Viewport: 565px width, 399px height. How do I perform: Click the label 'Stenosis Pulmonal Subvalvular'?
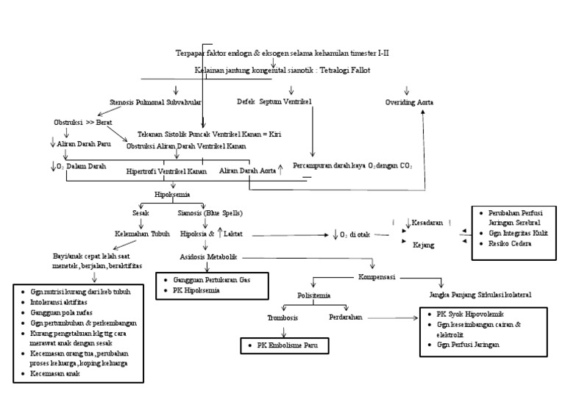[x=155, y=102]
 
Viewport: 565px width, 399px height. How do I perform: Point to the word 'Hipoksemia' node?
[x=172, y=195]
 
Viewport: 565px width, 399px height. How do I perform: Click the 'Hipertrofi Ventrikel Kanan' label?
[x=166, y=171]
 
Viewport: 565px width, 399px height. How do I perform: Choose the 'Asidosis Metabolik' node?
[x=209, y=258]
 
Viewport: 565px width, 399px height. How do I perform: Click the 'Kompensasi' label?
[x=377, y=278]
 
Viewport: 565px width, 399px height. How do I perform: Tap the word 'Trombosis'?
[x=283, y=317]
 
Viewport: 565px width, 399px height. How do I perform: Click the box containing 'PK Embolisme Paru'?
[x=283, y=344]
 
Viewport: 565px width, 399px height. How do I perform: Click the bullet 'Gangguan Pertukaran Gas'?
[x=213, y=281]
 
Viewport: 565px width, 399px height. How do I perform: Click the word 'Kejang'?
[x=424, y=245]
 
